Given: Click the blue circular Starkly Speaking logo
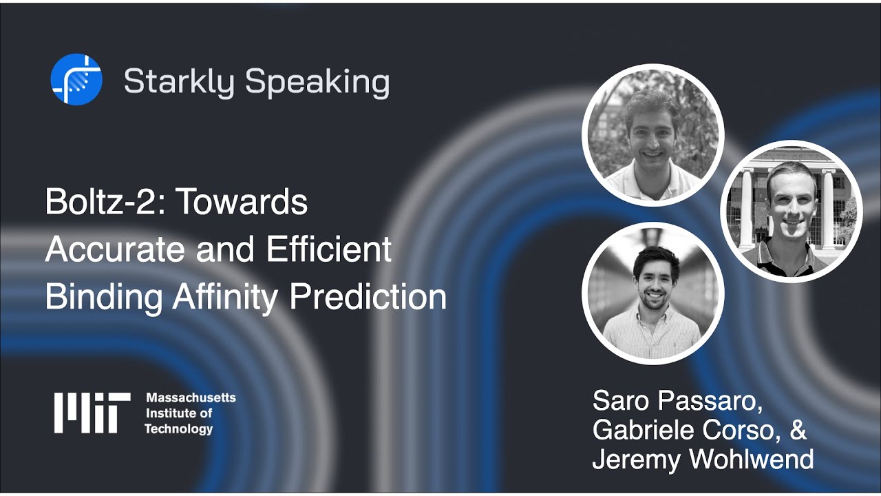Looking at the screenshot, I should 76,80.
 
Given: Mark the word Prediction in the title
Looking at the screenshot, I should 368,298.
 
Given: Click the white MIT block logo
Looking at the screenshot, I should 92,413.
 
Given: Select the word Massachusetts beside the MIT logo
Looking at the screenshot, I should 191,398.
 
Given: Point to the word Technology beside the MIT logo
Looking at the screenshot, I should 178,429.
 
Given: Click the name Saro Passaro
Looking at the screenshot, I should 678,400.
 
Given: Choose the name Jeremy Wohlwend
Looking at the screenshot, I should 703,459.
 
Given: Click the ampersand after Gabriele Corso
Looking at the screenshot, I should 797,430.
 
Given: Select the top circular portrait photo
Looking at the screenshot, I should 652,135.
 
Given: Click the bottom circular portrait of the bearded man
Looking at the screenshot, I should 652,292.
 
